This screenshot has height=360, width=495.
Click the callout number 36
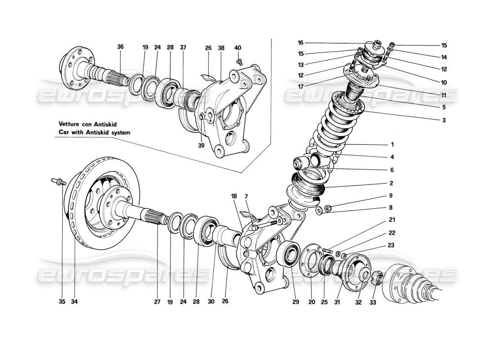[x=120, y=46]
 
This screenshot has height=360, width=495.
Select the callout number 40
[x=238, y=47]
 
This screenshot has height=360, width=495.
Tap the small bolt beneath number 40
[x=239, y=58]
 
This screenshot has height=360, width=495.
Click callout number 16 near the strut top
[x=301, y=43]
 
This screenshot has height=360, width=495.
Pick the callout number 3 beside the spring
[x=444, y=120]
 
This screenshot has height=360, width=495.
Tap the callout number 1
[x=392, y=145]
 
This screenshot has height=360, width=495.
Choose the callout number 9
[x=391, y=196]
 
